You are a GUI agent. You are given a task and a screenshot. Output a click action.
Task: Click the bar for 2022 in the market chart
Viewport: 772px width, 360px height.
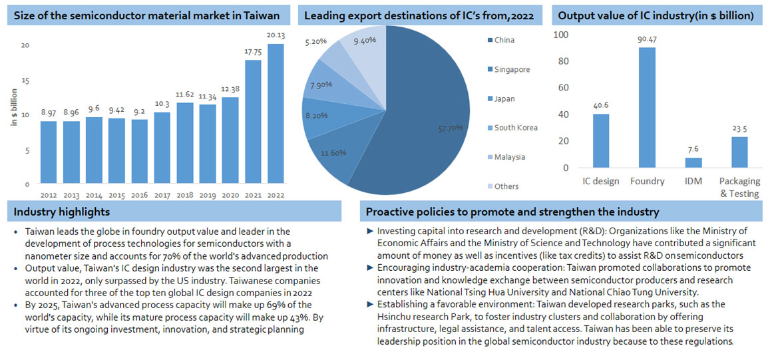(275, 114)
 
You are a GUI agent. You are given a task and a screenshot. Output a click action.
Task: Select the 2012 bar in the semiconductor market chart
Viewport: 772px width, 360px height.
(49, 152)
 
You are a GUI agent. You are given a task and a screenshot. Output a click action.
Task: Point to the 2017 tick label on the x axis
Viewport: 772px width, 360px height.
(162, 195)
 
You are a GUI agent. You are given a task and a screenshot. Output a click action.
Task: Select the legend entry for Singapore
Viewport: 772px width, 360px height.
(511, 69)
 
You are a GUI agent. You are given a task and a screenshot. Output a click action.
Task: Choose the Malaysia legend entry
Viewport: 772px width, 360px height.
(510, 157)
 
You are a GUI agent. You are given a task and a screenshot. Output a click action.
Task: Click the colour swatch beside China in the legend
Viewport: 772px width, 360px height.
(488, 40)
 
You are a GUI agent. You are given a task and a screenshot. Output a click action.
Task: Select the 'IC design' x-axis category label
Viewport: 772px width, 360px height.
(600, 182)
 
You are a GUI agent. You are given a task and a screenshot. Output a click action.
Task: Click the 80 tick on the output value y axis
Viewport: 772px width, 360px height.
(563, 61)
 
